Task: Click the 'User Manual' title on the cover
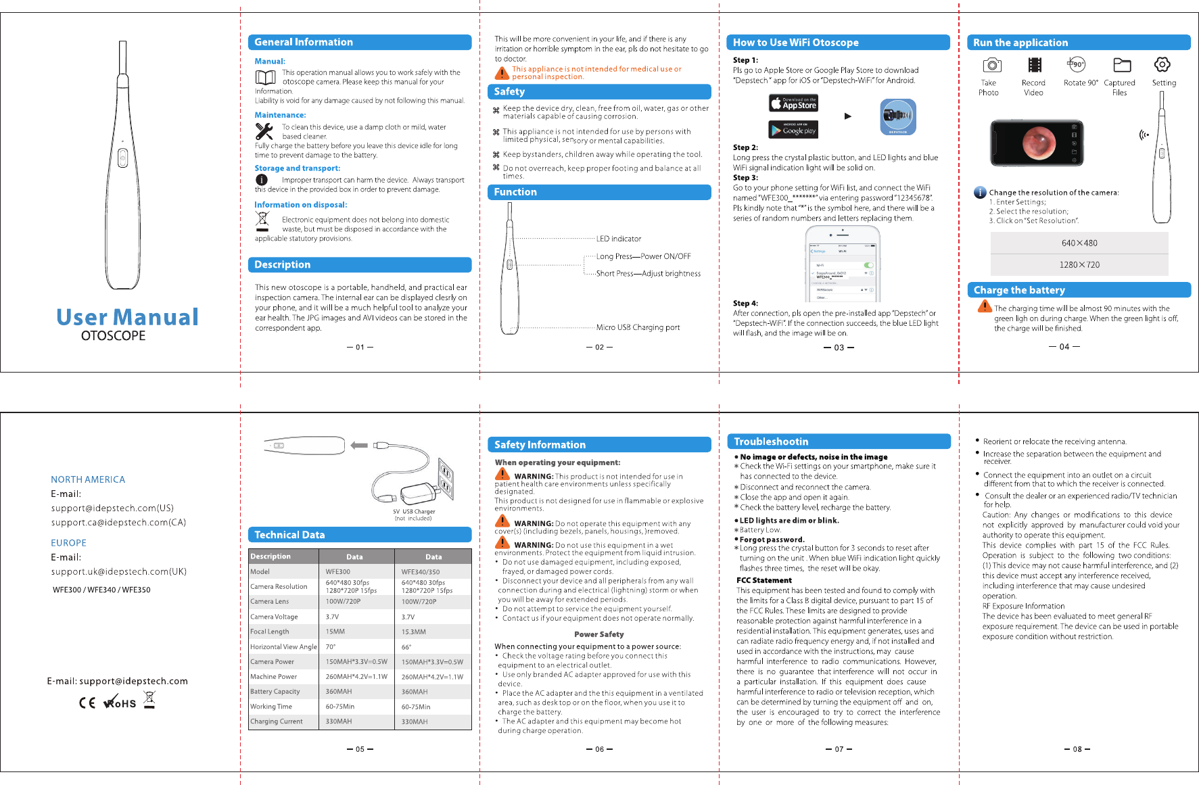[x=127, y=317]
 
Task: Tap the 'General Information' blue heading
[x=304, y=42]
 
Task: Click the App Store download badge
[x=793, y=103]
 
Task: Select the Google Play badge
[x=793, y=129]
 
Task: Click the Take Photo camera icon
[x=991, y=65]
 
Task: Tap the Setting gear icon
[x=1162, y=65]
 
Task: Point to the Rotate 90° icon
[x=1077, y=65]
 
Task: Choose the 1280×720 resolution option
[x=1079, y=264]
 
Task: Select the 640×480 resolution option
[x=1079, y=243]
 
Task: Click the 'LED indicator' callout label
[x=618, y=239]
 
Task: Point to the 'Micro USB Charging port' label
[x=638, y=327]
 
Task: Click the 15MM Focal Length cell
[x=335, y=632]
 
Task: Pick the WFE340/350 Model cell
[x=421, y=572]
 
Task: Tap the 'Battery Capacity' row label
[x=275, y=692]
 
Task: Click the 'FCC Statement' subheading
[x=763, y=580]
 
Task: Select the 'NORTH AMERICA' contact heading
[x=88, y=479]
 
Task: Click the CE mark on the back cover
[x=87, y=703]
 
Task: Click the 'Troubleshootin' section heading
[x=771, y=442]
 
